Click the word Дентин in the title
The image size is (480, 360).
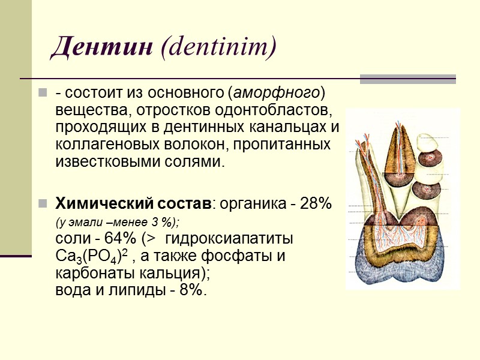101,47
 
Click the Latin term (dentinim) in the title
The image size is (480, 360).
218,47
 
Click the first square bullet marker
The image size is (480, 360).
43,94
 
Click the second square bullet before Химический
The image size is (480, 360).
43,203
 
